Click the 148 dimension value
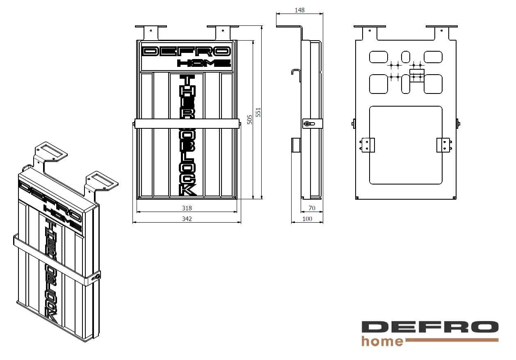pyautogui.click(x=299, y=10)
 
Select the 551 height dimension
pyautogui.click(x=258, y=112)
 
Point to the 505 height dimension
pyautogui.click(x=249, y=120)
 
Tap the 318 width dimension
pyautogui.click(x=187, y=208)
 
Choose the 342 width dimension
pyautogui.click(x=187, y=219)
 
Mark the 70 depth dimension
pyautogui.click(x=312, y=208)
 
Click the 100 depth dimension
pyautogui.click(x=307, y=219)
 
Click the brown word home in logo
pyautogui.click(x=382, y=341)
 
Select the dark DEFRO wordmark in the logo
pyautogui.click(x=430, y=327)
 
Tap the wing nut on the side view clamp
pyautogui.click(x=309, y=124)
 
